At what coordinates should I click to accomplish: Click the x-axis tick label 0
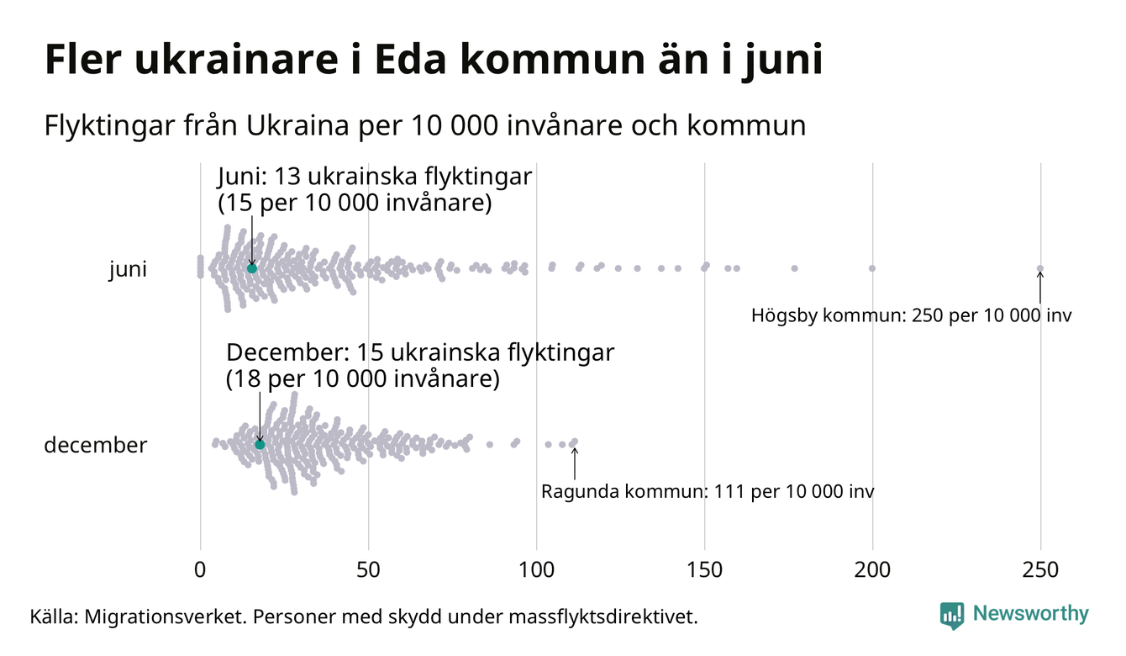(x=200, y=570)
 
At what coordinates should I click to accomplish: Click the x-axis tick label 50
(x=368, y=570)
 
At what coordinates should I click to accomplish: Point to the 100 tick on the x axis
(x=536, y=570)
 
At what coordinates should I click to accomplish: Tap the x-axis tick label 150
(x=704, y=570)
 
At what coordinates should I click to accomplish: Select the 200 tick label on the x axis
(x=872, y=570)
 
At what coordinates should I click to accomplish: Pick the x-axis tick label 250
(x=1040, y=570)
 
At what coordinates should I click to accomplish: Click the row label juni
(x=128, y=270)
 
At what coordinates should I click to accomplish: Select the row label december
(x=95, y=445)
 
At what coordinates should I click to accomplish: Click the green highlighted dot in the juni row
(x=251, y=267)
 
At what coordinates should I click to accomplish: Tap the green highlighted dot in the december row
(x=260, y=444)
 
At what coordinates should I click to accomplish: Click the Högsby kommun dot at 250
(x=1040, y=269)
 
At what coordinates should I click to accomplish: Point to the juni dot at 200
(x=872, y=268)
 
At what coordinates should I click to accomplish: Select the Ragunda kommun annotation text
(x=708, y=491)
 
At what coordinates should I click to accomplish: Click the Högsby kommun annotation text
(x=912, y=316)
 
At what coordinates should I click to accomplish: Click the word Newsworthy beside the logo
(x=1030, y=614)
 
